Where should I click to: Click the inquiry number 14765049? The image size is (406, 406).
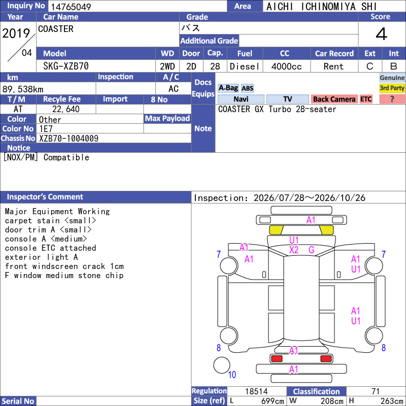point(71,7)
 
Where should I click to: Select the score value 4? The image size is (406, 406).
point(382,34)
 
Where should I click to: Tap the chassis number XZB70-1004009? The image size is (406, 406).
point(69,139)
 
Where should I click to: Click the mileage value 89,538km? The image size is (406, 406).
point(23,89)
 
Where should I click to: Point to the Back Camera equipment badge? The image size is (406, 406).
point(334,99)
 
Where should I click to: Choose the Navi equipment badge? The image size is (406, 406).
point(241,99)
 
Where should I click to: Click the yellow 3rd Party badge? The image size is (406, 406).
point(392,88)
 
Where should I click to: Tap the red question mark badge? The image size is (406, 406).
point(392,99)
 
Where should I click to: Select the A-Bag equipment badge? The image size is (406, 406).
point(228,88)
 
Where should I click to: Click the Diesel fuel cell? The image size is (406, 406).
point(245,66)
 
